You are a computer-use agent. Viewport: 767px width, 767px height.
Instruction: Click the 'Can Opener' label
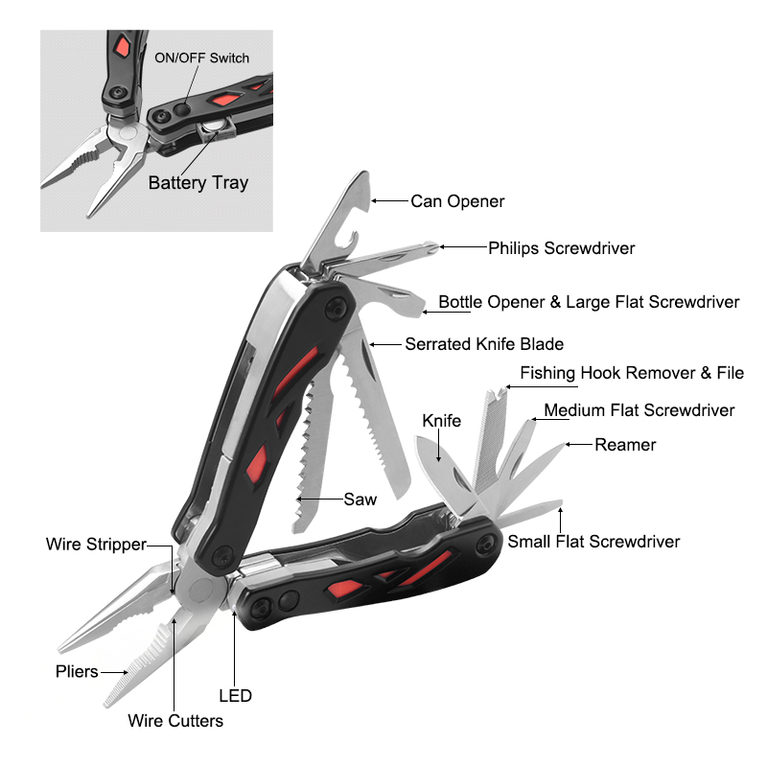pos(457,201)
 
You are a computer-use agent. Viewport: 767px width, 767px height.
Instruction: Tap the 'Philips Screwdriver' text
pos(562,248)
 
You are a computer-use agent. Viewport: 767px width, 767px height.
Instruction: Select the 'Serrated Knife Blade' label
pos(484,344)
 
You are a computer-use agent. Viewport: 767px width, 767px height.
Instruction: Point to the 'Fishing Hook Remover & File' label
pos(632,373)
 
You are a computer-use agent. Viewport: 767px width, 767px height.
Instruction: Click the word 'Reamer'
pos(625,445)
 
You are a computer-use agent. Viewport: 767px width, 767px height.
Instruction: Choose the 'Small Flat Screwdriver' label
pos(593,542)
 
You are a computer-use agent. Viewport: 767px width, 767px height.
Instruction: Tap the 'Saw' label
pos(360,500)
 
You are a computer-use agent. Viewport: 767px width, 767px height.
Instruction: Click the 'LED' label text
pos(235,696)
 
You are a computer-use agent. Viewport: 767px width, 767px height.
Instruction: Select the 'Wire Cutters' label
pos(175,721)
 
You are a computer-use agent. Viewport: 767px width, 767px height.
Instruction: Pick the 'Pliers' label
pos(77,672)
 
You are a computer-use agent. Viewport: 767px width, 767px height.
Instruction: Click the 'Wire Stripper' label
pos(96,545)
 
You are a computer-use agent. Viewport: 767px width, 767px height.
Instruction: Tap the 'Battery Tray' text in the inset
pos(198,183)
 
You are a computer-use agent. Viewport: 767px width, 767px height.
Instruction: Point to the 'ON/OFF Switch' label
pos(202,58)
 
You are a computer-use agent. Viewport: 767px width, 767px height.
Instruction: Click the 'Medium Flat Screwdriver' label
pos(639,410)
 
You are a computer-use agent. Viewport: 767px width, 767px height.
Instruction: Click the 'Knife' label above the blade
pos(442,421)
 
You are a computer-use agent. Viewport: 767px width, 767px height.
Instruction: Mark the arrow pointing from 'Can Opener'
pos(389,200)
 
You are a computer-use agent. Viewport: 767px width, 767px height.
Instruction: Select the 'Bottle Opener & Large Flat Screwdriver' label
pos(589,302)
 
